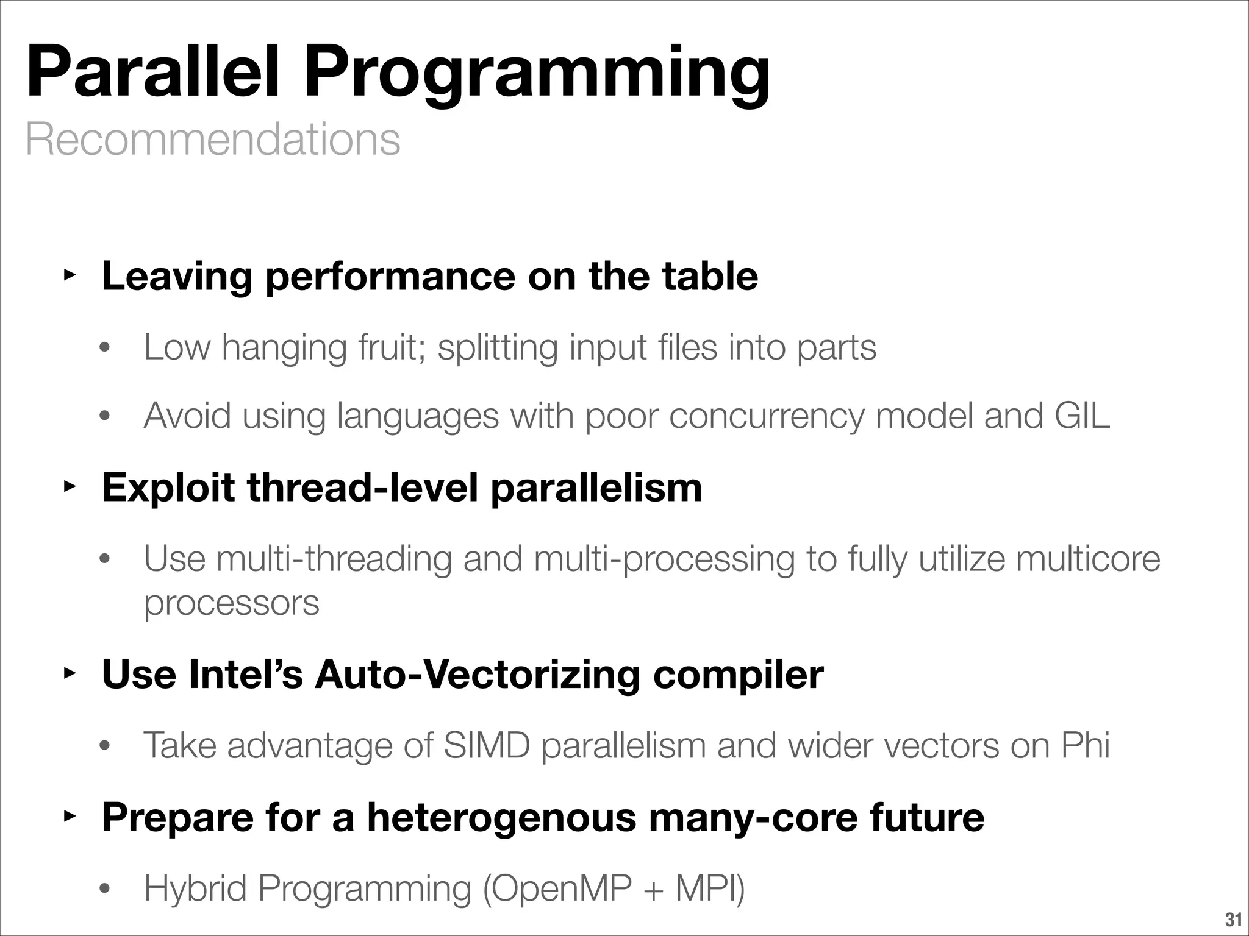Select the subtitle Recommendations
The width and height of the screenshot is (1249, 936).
click(213, 140)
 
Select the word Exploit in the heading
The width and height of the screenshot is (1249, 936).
click(168, 487)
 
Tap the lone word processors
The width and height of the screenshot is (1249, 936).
click(231, 603)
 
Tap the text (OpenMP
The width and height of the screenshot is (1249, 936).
click(556, 888)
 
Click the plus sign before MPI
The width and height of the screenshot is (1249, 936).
click(654, 889)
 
